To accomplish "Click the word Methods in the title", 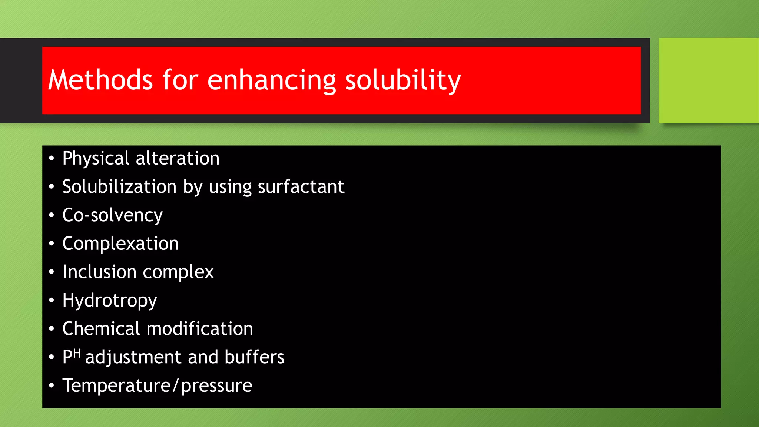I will pos(100,80).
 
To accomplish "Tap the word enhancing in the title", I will pos(271,80).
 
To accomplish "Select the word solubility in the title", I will pos(403,80).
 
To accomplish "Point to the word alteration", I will pos(178,159).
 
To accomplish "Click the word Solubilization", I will pos(119,186).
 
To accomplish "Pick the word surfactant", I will pos(301,186).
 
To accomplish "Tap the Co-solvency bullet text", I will pos(112,215).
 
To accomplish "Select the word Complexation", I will pos(120,244).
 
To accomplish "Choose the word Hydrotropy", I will pos(110,301).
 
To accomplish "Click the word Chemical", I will pos(101,329).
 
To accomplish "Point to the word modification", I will pos(200,329).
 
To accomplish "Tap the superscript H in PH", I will pos(77,353).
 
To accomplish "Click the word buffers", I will pos(254,357).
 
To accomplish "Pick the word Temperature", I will pos(116,385).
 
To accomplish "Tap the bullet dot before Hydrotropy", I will pos(52,300).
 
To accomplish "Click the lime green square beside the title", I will pos(708,80).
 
